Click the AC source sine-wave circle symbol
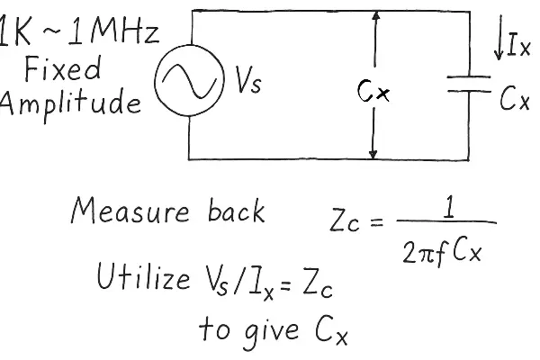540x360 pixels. coord(188,85)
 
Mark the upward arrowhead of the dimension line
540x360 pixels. coord(373,20)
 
